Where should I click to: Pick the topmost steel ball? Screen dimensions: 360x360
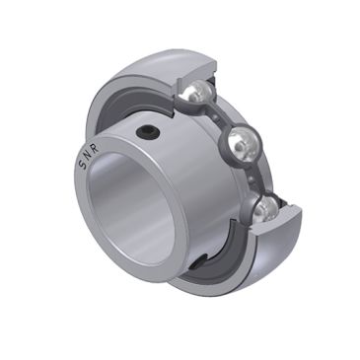tap(196, 94)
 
